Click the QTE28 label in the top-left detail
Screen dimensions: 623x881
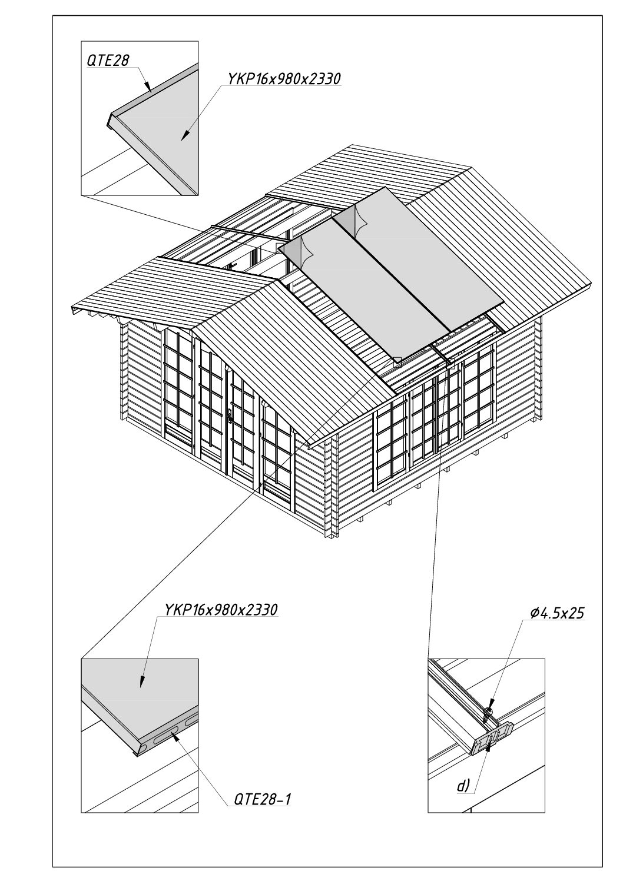click(x=108, y=61)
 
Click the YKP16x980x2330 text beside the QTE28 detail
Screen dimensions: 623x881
click(x=283, y=79)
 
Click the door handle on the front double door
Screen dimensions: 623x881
click(x=230, y=415)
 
